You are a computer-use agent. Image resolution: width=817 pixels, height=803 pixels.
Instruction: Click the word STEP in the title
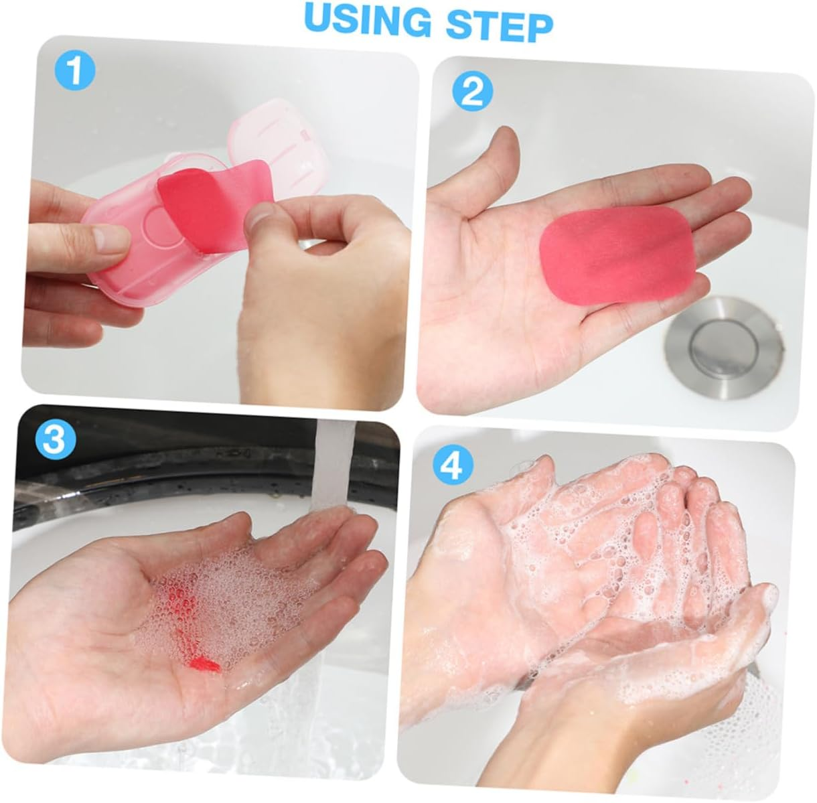[499, 24]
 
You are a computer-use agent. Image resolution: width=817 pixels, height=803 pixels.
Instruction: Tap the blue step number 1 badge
[75, 71]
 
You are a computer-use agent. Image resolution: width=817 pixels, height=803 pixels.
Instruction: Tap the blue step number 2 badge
[472, 92]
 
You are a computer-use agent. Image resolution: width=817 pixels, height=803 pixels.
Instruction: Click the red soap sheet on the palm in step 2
[617, 254]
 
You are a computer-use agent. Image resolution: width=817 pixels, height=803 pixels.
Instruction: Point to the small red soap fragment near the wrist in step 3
[204, 664]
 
